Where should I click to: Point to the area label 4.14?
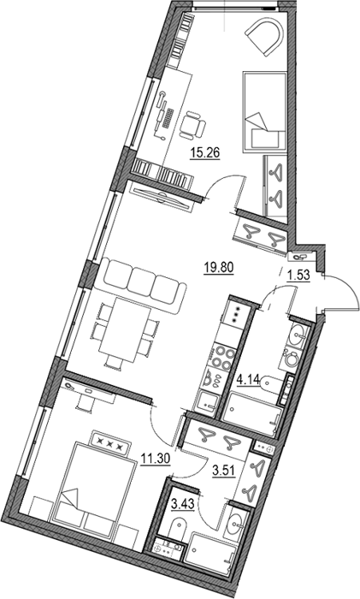[248, 380]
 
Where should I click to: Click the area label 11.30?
[155, 456]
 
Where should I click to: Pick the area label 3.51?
[224, 471]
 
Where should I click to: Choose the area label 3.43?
[183, 504]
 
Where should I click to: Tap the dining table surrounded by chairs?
[125, 330]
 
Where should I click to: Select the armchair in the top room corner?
[265, 36]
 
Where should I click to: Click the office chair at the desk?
[192, 125]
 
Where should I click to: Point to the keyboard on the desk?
[168, 118]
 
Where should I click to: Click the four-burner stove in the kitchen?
[222, 357]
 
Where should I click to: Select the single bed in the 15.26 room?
[264, 111]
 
